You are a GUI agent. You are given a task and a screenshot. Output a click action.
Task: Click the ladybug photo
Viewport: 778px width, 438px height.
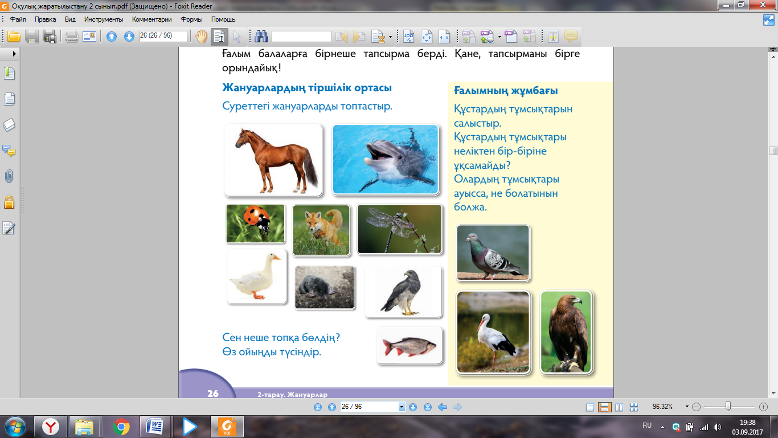click(255, 224)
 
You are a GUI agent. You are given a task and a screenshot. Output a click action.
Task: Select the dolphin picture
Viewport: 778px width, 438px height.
click(386, 159)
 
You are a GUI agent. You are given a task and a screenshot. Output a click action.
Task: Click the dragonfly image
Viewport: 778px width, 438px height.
click(400, 229)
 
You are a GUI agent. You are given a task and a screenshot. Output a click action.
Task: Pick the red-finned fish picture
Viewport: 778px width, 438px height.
click(410, 346)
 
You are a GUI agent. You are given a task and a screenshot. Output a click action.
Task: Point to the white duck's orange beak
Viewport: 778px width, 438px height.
click(277, 258)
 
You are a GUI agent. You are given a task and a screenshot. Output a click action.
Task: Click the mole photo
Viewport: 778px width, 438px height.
click(325, 287)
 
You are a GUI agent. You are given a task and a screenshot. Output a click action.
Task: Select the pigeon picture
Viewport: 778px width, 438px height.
click(493, 253)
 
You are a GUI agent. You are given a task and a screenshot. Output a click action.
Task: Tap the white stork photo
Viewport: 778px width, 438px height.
click(493, 332)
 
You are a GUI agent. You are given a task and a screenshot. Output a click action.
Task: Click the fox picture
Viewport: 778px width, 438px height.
click(321, 230)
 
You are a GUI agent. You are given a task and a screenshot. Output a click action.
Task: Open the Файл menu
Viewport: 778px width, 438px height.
click(18, 19)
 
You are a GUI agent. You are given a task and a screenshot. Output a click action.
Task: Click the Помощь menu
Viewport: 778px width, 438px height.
click(223, 19)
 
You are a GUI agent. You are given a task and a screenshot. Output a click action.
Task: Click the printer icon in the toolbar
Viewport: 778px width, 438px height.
click(72, 36)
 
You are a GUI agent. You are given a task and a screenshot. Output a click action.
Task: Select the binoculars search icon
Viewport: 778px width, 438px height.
click(261, 36)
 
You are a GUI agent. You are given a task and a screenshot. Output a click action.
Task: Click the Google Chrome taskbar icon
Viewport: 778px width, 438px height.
click(121, 427)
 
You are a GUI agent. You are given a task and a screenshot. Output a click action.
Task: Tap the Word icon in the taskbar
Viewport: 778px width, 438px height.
click(155, 427)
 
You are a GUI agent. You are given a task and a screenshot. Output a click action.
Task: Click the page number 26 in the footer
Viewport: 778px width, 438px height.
click(213, 394)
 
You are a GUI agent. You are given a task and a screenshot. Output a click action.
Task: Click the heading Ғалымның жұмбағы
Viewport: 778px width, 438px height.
click(506, 91)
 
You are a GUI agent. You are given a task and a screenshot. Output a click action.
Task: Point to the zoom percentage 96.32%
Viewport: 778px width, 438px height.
click(662, 407)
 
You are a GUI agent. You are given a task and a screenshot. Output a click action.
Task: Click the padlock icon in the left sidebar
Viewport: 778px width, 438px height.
click(9, 202)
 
